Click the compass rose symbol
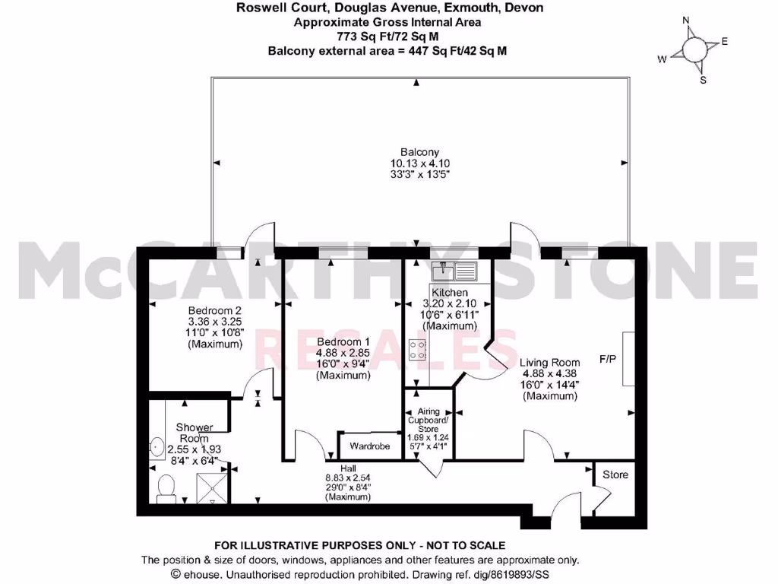point(694,50)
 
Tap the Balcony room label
point(420,152)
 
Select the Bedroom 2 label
point(215,311)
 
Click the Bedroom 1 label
point(343,341)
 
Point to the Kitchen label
point(450,293)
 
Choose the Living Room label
point(551,363)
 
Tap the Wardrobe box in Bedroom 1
point(370,446)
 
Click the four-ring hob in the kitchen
point(417,350)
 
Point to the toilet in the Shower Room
point(166,487)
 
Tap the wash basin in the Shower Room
point(158,446)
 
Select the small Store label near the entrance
point(615,474)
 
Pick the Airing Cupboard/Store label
point(429,420)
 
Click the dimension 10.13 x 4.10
point(420,162)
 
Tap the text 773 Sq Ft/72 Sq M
point(388,36)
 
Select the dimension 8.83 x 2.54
point(348,478)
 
